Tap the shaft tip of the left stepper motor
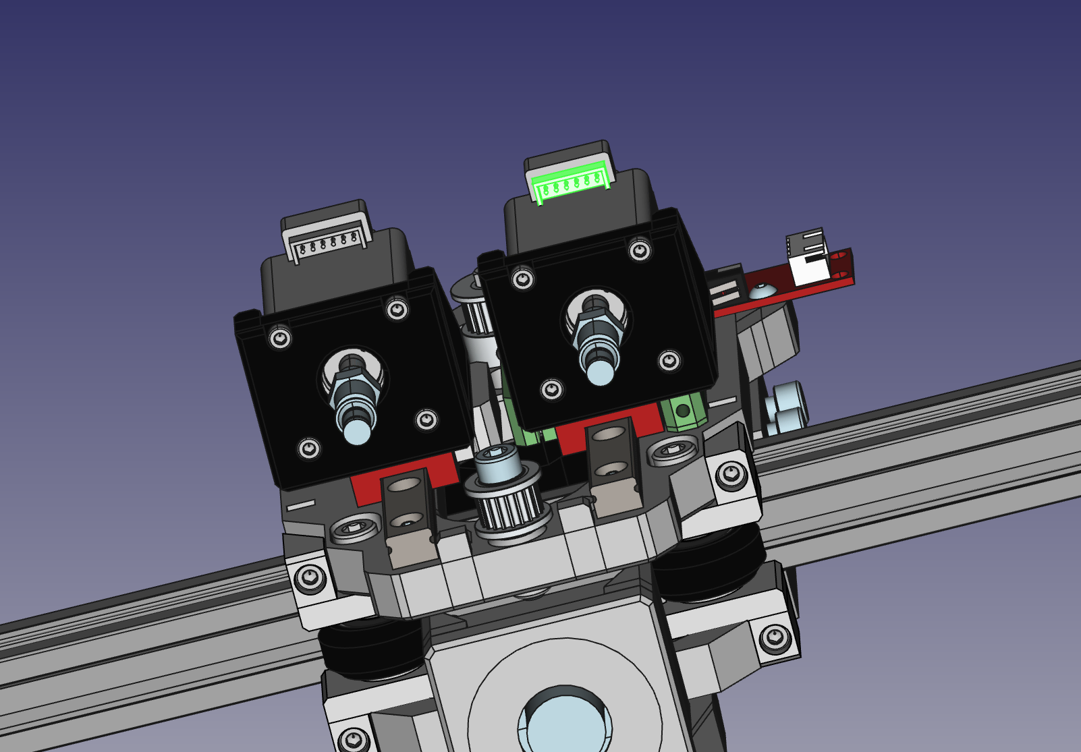[357, 431]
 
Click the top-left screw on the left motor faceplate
[280, 337]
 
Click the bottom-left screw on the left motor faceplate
[309, 448]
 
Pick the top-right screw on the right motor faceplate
[640, 252]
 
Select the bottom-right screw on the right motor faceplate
[669, 361]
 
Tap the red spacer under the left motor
[368, 487]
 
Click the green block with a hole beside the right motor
[683, 411]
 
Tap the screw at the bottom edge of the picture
[354, 740]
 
